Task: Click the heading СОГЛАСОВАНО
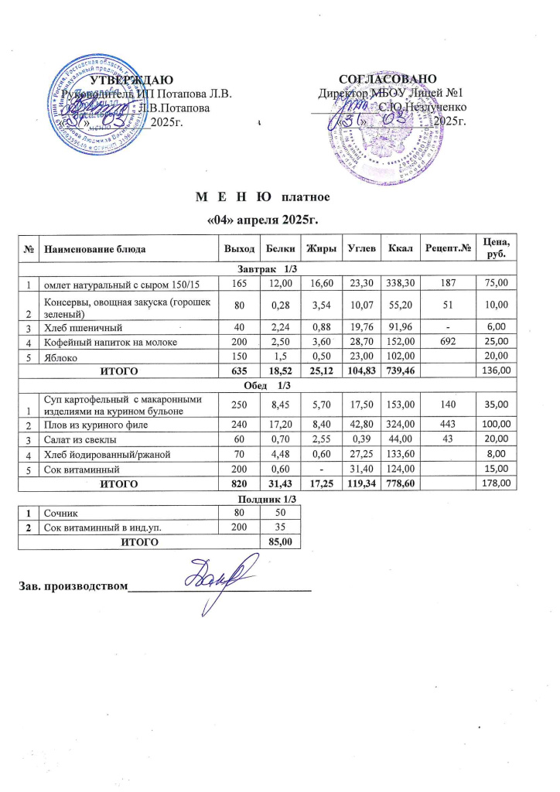point(390,80)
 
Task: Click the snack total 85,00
point(278,542)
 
